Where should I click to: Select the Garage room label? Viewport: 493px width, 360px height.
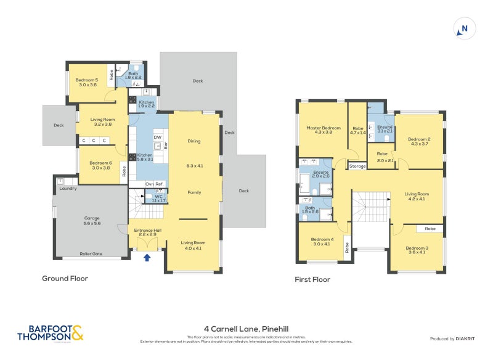92,221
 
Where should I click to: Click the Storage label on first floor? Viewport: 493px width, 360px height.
357,166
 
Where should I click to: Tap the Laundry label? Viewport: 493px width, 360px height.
68,188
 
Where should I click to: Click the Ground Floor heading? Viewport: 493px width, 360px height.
65,279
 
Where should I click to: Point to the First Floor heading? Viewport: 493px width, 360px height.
312,279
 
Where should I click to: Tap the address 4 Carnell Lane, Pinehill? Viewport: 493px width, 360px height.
246,329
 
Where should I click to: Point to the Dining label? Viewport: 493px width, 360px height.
194,141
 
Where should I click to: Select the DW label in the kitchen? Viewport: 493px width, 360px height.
157,137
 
